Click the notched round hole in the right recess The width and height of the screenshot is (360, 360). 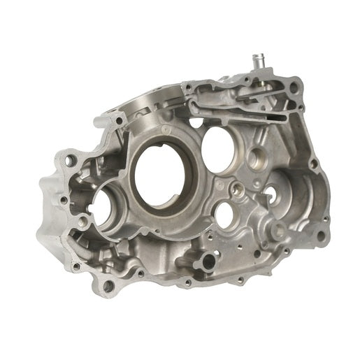pos(286,192)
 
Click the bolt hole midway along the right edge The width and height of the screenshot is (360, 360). pos(313,164)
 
